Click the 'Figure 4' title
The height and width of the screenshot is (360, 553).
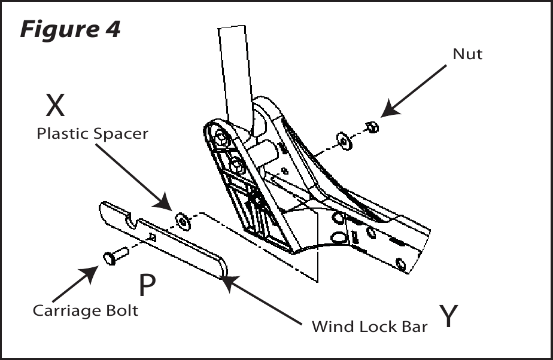(x=70, y=29)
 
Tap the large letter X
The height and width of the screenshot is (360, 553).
(x=56, y=105)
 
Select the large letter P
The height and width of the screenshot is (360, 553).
(x=147, y=285)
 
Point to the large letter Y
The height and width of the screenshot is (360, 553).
(x=448, y=316)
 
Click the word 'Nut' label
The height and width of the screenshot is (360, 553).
(x=467, y=54)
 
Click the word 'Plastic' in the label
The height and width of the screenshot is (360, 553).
(x=62, y=133)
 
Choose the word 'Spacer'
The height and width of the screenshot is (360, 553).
(x=121, y=134)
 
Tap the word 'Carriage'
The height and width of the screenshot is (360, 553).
(x=62, y=311)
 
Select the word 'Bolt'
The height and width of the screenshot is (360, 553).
(x=117, y=310)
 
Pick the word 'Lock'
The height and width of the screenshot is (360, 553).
(x=376, y=327)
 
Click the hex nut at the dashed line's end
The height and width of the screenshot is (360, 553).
(x=372, y=127)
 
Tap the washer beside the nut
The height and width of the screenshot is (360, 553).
(x=345, y=141)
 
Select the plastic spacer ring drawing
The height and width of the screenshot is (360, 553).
(x=183, y=221)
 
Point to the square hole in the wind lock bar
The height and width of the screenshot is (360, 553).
(x=153, y=237)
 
